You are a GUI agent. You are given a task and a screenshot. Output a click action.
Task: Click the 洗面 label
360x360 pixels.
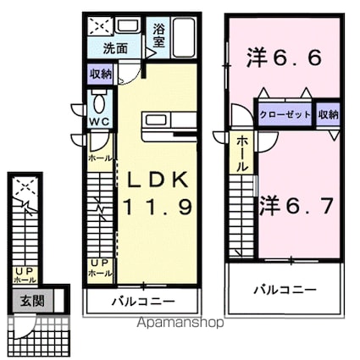[116, 49]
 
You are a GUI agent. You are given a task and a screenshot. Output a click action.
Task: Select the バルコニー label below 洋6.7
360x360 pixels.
[286, 289]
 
